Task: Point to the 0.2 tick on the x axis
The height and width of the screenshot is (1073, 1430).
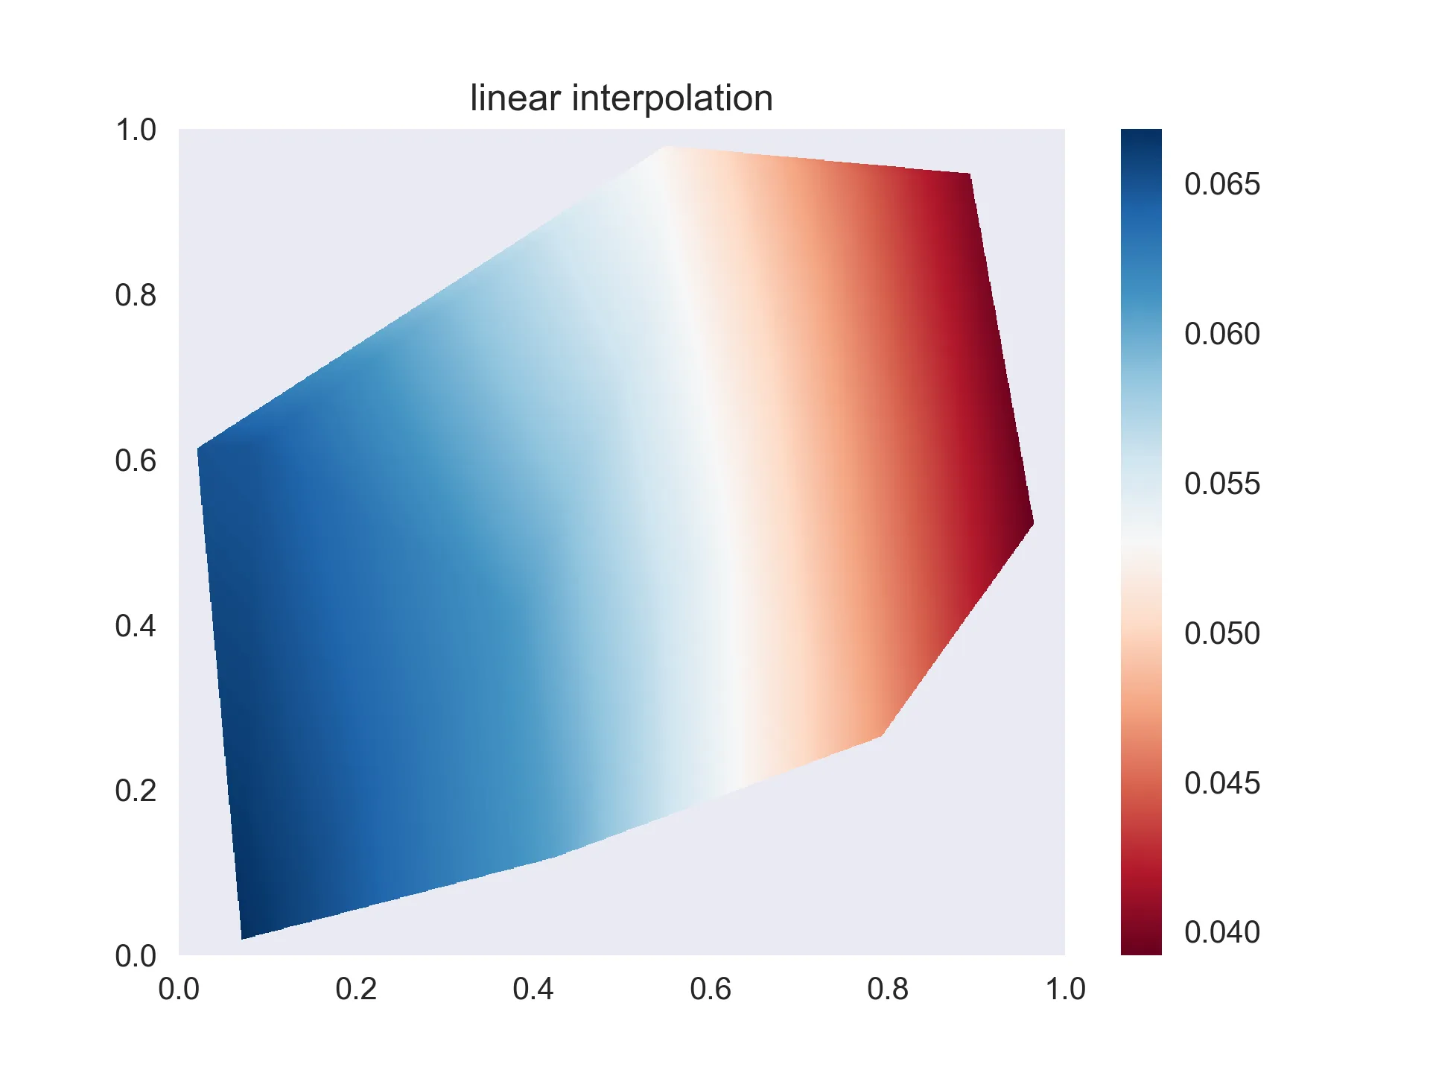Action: (x=356, y=989)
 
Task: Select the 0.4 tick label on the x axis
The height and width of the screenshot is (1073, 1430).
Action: (x=533, y=989)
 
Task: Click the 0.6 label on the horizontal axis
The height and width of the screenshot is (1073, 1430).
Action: (x=711, y=989)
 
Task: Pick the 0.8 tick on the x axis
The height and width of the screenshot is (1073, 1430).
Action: (x=888, y=989)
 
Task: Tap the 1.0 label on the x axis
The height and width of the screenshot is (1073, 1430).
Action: (x=1065, y=989)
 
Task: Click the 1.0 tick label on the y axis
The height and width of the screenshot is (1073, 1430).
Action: (x=136, y=130)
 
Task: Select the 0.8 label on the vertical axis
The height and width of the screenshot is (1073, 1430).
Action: (x=136, y=296)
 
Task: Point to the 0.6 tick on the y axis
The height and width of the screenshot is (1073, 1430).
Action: (x=136, y=461)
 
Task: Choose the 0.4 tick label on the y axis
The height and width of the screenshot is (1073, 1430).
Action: (x=136, y=626)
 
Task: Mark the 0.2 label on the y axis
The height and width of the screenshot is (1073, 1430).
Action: (x=136, y=791)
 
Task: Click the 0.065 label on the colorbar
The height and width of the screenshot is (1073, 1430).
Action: (x=1221, y=184)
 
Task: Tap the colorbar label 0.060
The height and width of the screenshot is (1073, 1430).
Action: (x=1221, y=334)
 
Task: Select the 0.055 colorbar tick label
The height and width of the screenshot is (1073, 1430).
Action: (x=1221, y=484)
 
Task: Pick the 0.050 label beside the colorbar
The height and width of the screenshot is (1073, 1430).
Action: (x=1221, y=633)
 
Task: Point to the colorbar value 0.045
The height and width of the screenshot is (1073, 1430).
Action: (x=1221, y=783)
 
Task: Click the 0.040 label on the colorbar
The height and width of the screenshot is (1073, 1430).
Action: (x=1221, y=932)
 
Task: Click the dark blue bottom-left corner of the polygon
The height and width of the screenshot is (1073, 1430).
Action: (x=246, y=931)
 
